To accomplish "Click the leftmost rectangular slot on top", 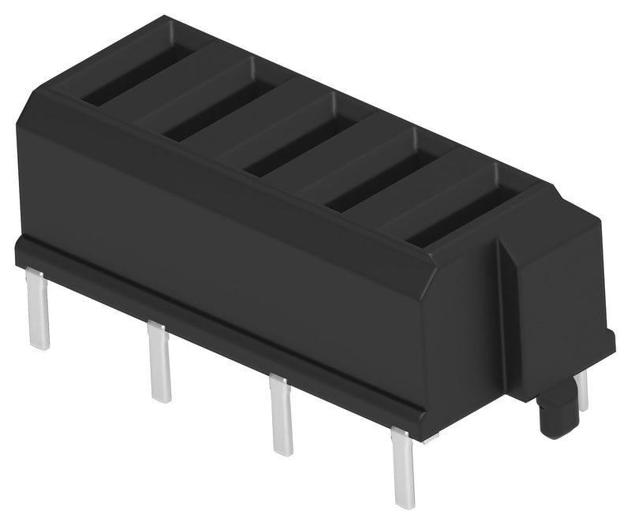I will click(138, 77).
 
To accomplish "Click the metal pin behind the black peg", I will click(582, 389).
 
